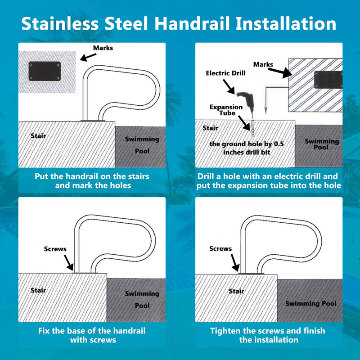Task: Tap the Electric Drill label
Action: [x=225, y=73]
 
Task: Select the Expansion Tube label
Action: [x=226, y=110]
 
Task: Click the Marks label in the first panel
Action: [x=103, y=48]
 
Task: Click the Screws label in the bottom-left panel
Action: [x=55, y=248]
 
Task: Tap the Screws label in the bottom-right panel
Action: [x=220, y=248]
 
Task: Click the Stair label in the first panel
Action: [x=38, y=135]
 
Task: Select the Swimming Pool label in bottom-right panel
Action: [x=310, y=303]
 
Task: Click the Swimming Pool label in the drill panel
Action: [x=321, y=144]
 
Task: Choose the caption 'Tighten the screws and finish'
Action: [x=268, y=331]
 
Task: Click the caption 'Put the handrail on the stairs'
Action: [x=92, y=176]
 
